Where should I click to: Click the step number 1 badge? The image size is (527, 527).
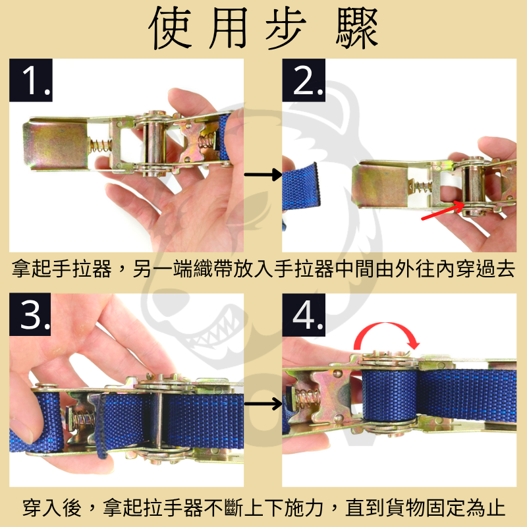[31, 80]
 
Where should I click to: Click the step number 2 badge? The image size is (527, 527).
[304, 80]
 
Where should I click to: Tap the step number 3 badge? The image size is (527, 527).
[31, 315]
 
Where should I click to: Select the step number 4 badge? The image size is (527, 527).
[304, 315]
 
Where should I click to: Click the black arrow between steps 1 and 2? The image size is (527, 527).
[262, 175]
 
